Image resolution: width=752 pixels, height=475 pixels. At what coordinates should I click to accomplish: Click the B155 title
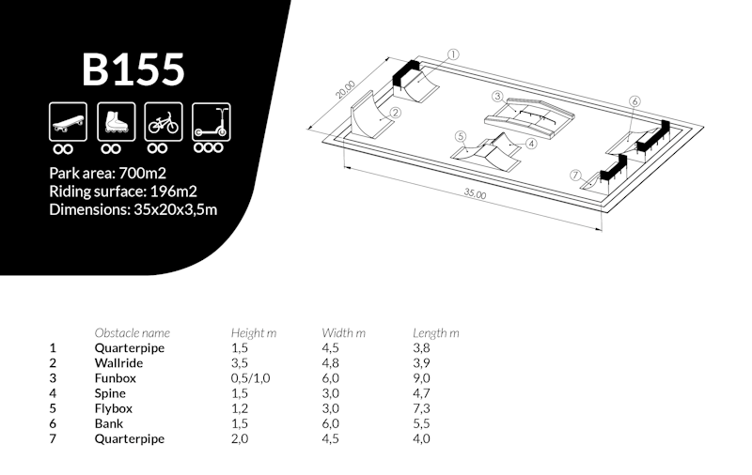133,69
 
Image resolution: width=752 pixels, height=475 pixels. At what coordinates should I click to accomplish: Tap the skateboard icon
68,122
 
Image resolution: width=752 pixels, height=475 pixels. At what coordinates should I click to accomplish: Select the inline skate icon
116,122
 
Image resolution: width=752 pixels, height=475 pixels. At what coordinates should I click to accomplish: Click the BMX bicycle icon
164,122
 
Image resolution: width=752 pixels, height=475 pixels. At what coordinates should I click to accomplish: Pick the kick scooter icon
211,122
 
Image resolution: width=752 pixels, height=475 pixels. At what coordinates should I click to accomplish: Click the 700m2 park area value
143,173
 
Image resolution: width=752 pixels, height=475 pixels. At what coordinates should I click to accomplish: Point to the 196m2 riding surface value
173,192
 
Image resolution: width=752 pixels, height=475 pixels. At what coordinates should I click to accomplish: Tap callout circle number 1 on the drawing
453,54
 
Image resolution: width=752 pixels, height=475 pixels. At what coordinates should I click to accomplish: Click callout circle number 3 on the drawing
498,97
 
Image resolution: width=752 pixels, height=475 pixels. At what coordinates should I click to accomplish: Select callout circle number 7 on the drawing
576,176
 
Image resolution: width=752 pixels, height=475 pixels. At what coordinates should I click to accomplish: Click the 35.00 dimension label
475,194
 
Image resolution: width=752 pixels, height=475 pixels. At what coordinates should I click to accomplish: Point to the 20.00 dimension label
345,89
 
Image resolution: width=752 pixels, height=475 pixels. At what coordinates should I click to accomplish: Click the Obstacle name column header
133,333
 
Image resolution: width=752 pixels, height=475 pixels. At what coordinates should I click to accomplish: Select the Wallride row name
118,363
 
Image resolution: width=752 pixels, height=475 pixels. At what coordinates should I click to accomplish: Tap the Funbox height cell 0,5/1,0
250,378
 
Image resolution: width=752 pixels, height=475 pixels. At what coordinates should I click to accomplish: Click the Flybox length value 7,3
421,408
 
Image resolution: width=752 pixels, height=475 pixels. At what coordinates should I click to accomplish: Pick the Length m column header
436,333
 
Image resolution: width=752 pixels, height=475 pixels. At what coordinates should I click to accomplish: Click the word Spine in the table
110,393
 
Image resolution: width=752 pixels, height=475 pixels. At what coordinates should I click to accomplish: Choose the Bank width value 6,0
331,423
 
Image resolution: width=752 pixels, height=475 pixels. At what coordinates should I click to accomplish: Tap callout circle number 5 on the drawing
461,136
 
